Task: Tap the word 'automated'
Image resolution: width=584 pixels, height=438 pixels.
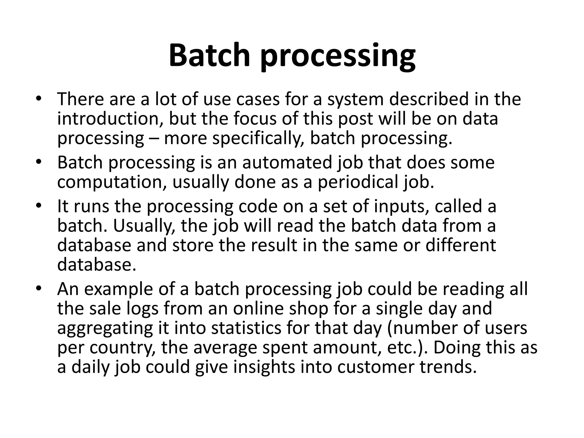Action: click(287, 163)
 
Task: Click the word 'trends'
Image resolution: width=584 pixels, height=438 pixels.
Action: click(448, 367)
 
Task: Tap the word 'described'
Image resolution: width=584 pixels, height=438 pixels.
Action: click(429, 99)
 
